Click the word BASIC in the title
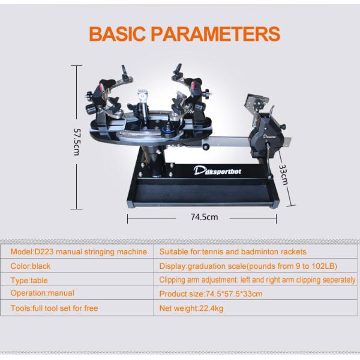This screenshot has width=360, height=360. coord(117,34)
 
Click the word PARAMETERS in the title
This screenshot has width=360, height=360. coord(215,34)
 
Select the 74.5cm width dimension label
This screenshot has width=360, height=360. coord(204,217)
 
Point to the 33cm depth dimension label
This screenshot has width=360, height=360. coord(283,175)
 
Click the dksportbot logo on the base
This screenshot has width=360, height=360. coord(217,171)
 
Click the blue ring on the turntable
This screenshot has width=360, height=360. coord(169,131)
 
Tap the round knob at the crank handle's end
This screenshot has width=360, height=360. coord(270,177)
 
